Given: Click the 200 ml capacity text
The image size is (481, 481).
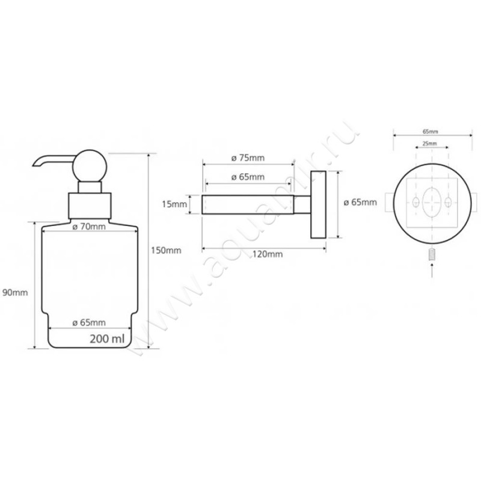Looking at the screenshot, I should coord(106,339).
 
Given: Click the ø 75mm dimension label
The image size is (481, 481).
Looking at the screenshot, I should coord(247,158).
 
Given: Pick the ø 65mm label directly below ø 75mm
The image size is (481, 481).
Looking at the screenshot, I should coord(247,177).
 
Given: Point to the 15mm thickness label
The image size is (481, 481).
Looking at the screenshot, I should coord(175,204).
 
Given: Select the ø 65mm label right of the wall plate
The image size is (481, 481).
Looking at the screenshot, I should coord(360,202).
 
